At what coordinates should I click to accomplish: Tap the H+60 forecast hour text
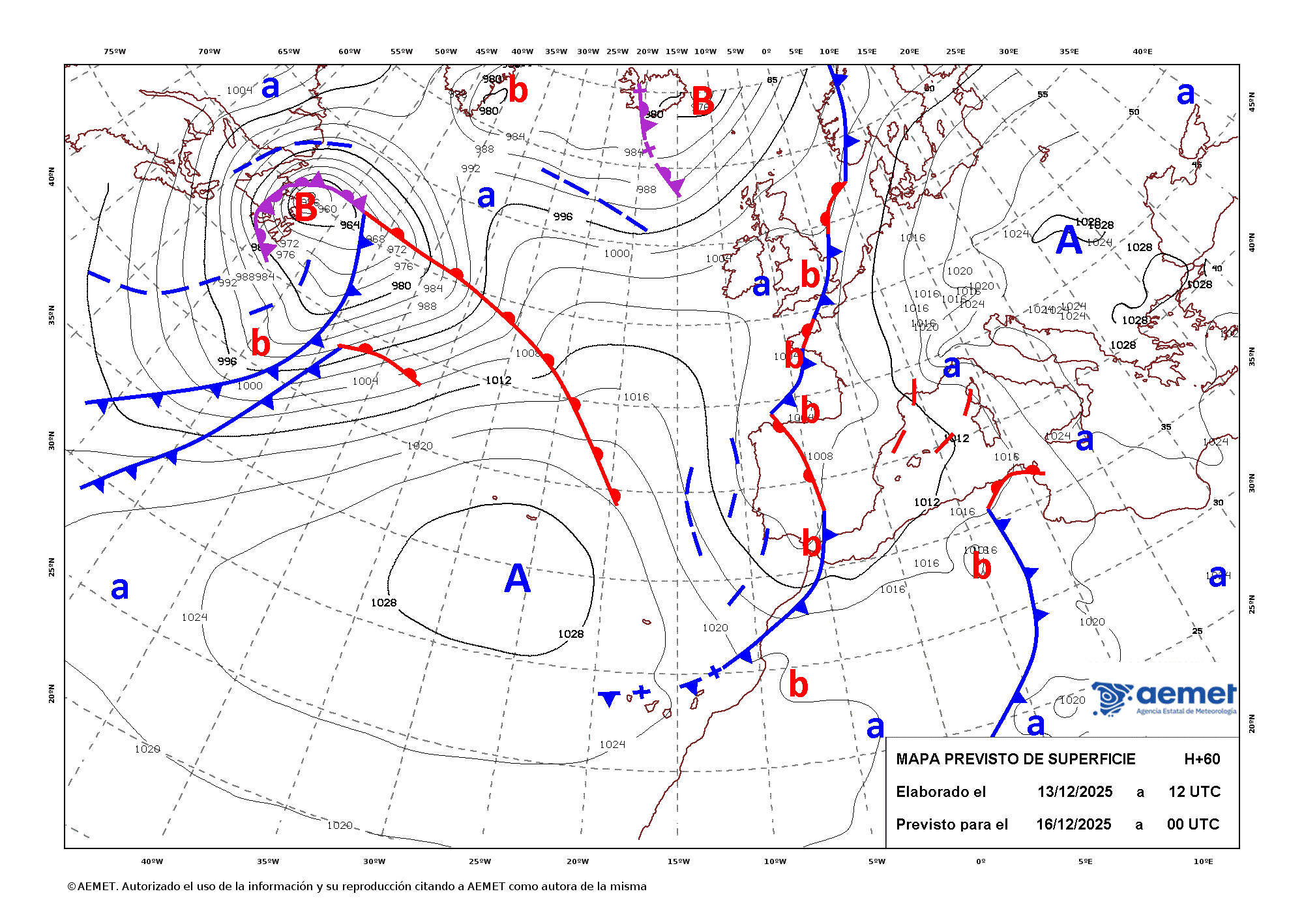coord(1202,759)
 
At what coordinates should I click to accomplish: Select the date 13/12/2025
coord(1074,792)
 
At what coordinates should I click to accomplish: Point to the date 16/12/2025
coord(1073,824)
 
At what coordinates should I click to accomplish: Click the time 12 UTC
coord(1194,792)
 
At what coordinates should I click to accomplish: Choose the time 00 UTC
coord(1193,824)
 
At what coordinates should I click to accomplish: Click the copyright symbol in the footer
coord(72,886)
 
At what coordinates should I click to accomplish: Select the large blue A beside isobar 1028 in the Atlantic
coord(517,578)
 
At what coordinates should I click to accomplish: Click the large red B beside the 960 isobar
coord(305,207)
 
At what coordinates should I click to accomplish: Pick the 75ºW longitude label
coord(115,52)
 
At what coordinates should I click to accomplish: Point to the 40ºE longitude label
coord(1142,52)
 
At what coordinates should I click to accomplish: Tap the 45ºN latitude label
coord(1251,102)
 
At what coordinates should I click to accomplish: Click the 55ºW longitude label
coord(402,52)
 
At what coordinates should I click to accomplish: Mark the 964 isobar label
coord(350,225)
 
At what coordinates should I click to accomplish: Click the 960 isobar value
coord(327,209)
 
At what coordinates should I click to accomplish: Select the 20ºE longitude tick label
coord(910,52)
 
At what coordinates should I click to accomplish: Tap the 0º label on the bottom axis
coord(981,861)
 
